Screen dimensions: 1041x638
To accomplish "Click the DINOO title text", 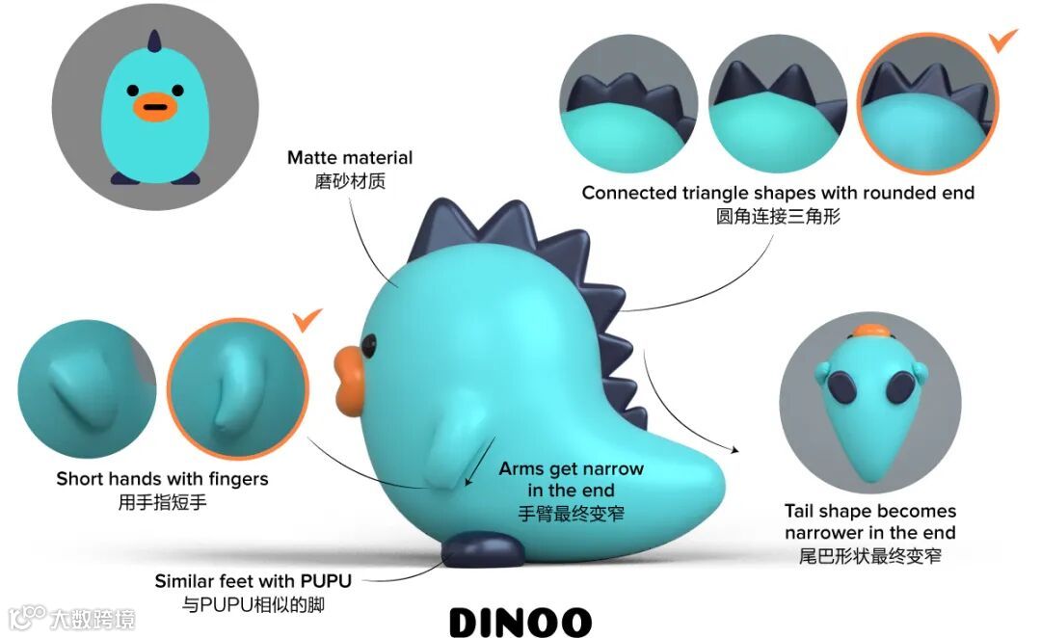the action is tap(520, 621).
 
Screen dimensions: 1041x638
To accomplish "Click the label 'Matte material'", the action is tap(350, 157).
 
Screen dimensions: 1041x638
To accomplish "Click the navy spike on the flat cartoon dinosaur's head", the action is tap(152, 41).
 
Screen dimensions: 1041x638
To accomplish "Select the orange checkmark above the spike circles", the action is tap(1004, 40).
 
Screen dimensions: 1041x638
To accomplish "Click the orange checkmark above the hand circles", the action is tap(307, 320).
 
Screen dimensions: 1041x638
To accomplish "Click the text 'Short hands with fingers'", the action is tap(162, 479).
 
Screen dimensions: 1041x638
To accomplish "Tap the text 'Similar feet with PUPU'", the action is tap(254, 582).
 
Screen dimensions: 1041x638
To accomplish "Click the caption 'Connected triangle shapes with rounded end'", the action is tap(778, 193).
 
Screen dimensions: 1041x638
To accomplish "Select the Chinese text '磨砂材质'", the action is tap(350, 181).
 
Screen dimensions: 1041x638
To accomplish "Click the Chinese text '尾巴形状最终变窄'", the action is tap(870, 556).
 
